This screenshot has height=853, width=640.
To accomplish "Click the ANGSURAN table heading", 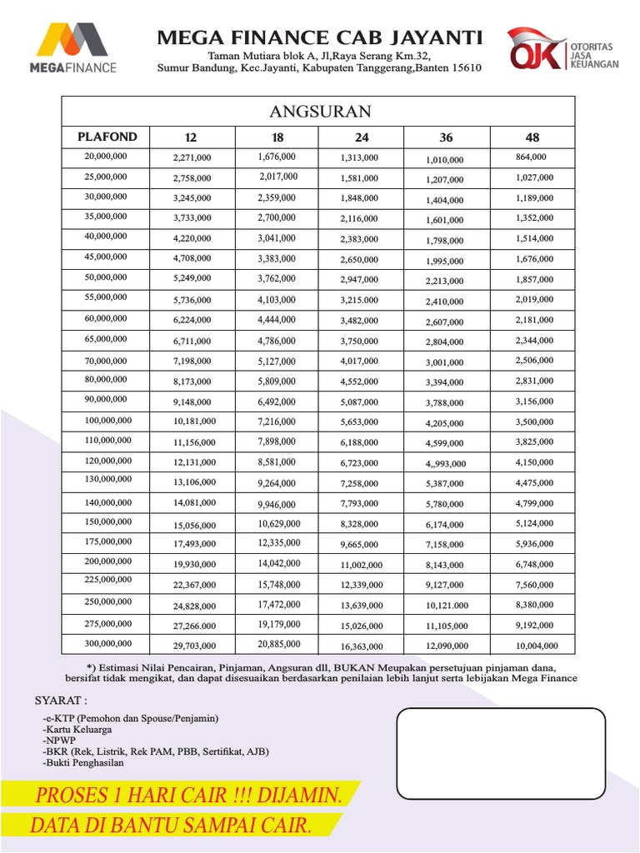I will (320, 112).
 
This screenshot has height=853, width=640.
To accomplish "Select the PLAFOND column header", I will (107, 137).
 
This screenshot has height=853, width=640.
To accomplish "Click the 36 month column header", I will (447, 137).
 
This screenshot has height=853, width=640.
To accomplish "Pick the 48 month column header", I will (532, 137).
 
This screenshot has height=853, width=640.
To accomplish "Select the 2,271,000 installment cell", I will (192, 157).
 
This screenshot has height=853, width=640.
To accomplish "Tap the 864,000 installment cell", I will (531, 157).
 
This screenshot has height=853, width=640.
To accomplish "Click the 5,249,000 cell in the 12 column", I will (192, 279).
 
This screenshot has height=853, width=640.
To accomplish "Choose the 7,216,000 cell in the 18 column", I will (277, 421).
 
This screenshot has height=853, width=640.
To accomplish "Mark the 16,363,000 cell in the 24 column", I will (362, 646).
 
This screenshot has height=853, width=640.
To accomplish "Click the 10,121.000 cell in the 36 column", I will (447, 606).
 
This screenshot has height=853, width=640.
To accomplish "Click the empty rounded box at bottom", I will (500, 752).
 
